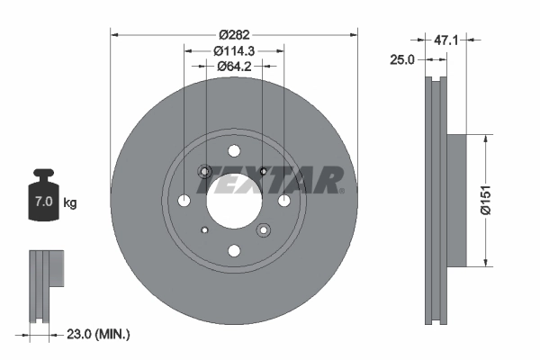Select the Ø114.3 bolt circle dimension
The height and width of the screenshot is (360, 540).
(234, 51)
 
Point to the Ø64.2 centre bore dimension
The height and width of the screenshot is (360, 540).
(234, 67)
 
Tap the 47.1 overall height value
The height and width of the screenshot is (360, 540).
(447, 40)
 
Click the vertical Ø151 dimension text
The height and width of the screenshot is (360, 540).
(485, 200)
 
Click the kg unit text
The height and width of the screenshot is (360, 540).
(70, 203)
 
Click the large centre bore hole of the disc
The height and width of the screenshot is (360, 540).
(233, 200)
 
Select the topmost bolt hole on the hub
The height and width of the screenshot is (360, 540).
(234, 150)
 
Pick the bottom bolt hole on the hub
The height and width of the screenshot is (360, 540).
(234, 250)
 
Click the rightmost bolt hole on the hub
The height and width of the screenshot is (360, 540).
(283, 200)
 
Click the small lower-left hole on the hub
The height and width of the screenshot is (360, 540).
(205, 229)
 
